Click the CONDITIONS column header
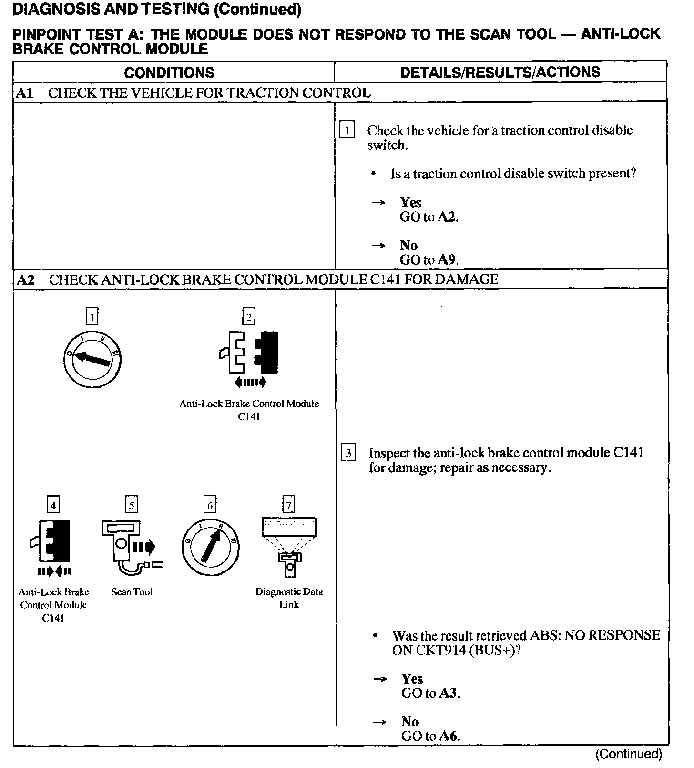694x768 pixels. coord(169,73)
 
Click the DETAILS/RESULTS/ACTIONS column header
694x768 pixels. coord(500,72)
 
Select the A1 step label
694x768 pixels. coord(25,93)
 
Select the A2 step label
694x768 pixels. coord(26,280)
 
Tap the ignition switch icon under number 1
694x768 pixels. coord(92,359)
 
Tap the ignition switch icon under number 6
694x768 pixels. coord(210,547)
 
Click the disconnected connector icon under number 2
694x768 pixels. coord(249,353)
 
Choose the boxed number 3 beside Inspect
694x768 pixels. coord(348,453)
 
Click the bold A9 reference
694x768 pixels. coord(447,260)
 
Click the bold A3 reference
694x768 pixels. coord(449,694)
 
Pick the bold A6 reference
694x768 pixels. coord(449,736)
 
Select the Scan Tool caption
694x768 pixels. coord(132,592)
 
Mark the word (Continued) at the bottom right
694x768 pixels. coord(629,754)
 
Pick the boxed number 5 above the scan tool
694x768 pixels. coord(132,504)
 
